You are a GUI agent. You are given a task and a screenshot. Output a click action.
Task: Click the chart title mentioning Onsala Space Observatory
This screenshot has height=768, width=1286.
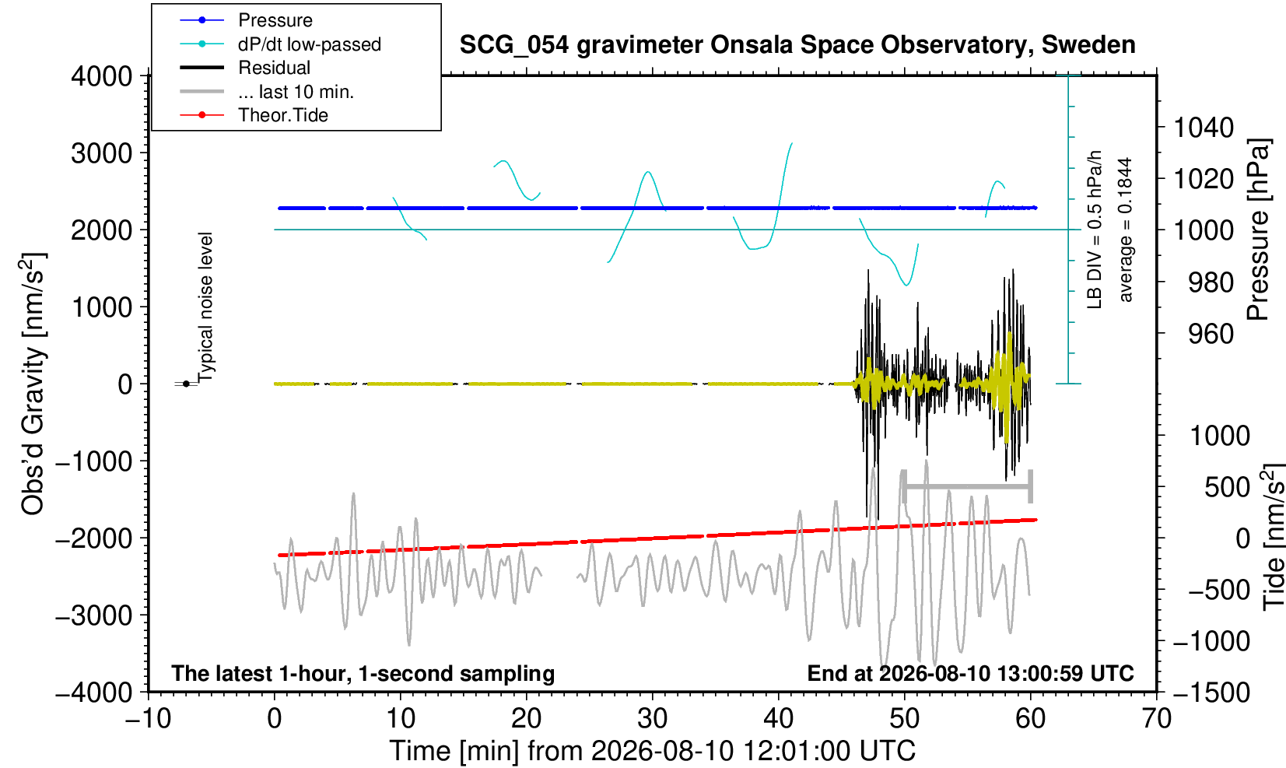click(x=797, y=45)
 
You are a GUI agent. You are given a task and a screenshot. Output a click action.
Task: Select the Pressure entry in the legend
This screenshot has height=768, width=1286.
click(x=247, y=20)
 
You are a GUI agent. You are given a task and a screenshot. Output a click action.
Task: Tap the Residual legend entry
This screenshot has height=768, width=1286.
click(x=245, y=68)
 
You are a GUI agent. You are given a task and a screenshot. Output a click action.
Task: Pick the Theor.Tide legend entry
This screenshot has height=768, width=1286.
click(x=254, y=115)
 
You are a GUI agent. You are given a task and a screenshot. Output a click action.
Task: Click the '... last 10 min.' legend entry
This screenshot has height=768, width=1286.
click(x=266, y=91)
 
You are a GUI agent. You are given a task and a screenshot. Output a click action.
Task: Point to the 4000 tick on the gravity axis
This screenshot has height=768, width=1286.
click(x=102, y=75)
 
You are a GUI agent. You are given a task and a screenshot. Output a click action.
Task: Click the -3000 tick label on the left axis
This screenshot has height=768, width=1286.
click(x=94, y=615)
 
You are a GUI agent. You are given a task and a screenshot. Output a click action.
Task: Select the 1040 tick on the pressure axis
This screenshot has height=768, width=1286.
click(x=1204, y=127)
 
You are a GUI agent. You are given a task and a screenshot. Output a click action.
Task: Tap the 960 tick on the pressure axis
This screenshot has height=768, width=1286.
click(x=1211, y=334)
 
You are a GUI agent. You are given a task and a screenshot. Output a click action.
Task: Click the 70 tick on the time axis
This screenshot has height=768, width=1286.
click(x=1156, y=719)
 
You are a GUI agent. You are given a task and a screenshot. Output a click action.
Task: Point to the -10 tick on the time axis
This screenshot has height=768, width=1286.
click(x=148, y=719)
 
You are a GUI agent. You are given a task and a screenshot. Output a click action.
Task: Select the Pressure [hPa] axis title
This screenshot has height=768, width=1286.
click(x=1259, y=230)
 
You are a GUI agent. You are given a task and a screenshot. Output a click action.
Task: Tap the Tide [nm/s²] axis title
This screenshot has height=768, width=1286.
click(x=1272, y=538)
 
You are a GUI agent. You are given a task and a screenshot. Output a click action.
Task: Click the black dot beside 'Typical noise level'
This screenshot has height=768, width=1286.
click(x=186, y=384)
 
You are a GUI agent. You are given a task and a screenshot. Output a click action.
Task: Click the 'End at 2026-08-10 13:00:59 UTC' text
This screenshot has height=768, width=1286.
click(x=970, y=673)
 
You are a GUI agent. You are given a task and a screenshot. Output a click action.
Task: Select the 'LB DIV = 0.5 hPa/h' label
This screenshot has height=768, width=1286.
click(x=1095, y=230)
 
